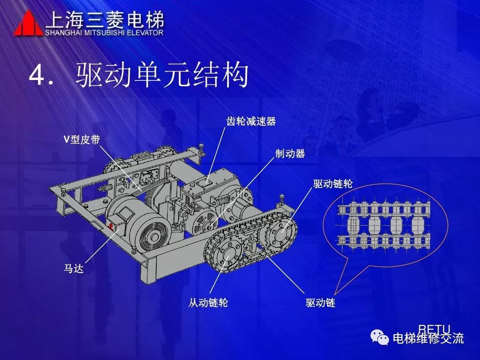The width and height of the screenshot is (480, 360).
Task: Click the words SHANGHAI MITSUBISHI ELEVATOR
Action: coord(104,33)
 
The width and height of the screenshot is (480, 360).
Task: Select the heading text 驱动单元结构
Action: coord(162,75)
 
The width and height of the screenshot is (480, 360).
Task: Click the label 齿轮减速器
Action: coord(251,121)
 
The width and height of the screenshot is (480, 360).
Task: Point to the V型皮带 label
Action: coord(82,140)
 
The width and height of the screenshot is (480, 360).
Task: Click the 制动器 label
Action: coord(290,153)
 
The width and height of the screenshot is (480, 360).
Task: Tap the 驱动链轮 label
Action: coord(333,184)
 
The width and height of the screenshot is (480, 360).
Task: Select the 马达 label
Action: coord(73,268)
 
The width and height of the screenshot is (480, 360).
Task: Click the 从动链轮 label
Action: coord(208,303)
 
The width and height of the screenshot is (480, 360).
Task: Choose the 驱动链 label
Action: coord(320,303)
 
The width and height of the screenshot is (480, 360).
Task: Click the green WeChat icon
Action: coord(379,338)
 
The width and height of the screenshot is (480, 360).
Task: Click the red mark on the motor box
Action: coord(111,227)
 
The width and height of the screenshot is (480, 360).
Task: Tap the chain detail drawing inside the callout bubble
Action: coord(384,224)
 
